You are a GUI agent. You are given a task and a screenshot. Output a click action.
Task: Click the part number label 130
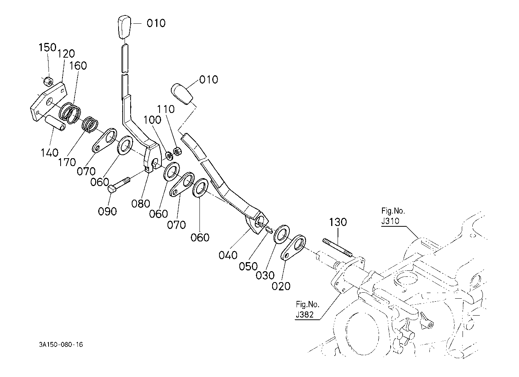click(x=338, y=222)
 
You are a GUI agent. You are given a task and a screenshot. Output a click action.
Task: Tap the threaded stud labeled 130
click(x=337, y=247)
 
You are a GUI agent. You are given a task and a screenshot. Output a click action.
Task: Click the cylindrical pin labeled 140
click(x=56, y=123)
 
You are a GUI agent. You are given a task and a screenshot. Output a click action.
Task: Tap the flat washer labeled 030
click(x=282, y=234)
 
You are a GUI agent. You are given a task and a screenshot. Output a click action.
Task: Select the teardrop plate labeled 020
click(x=293, y=247)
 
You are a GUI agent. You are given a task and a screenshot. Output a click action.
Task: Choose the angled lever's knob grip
click(x=182, y=93)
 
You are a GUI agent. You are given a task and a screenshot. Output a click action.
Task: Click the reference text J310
click(x=390, y=221)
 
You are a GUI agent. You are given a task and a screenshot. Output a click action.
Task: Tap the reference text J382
click(x=305, y=314)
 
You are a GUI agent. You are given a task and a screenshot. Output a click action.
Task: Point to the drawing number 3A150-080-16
click(x=61, y=345)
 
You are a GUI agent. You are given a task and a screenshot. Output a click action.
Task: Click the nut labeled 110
click(x=178, y=151)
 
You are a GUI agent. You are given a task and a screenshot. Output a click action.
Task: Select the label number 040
click(x=228, y=255)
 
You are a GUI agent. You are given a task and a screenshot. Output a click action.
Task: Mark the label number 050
click(x=248, y=266)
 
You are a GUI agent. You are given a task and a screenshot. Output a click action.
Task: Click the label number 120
click(x=66, y=54)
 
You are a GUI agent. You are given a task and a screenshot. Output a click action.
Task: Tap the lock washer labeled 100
click(x=169, y=156)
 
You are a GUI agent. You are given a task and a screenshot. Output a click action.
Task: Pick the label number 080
click(x=141, y=204)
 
